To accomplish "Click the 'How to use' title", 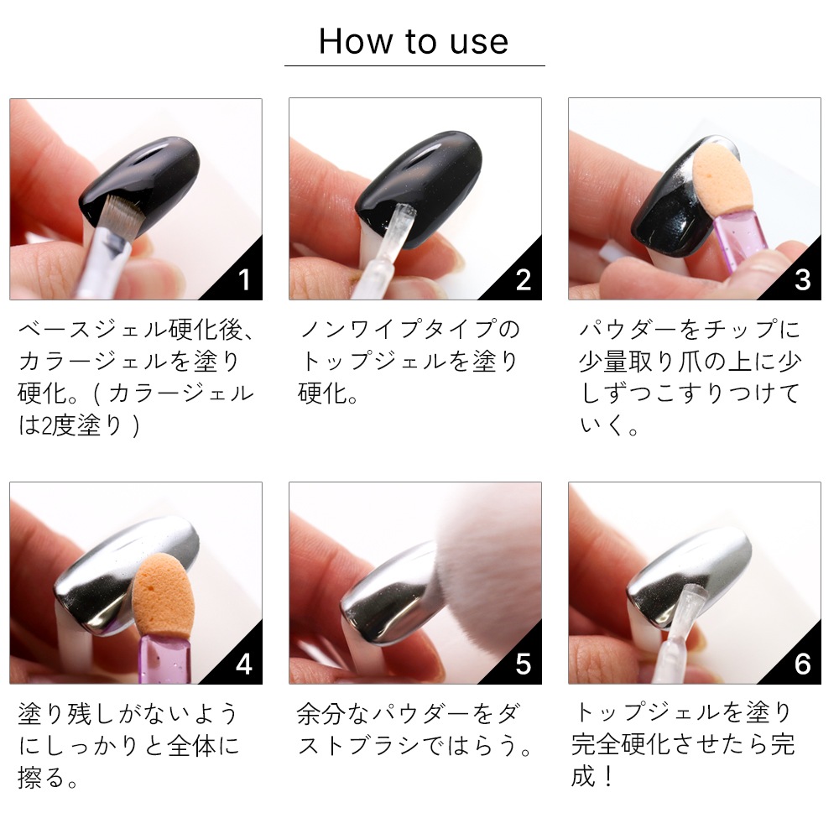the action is pos(414,41).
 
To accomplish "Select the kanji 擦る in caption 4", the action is pos(42,778).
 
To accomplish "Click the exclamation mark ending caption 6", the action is pos(607,777).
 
